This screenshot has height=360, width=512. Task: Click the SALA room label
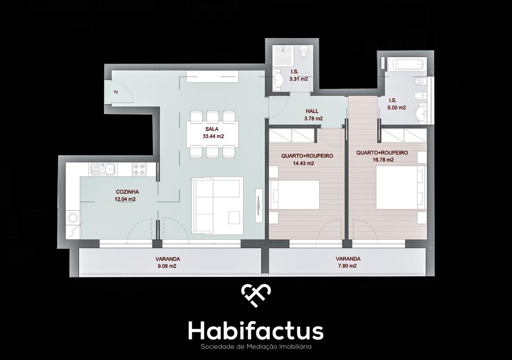(212, 129)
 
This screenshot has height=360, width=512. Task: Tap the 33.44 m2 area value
(213, 136)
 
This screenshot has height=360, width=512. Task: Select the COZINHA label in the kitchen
(127, 192)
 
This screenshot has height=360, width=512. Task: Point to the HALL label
(312, 111)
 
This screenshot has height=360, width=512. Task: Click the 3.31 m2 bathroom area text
(298, 79)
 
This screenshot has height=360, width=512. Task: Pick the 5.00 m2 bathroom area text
(396, 107)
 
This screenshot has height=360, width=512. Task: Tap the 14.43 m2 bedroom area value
(303, 163)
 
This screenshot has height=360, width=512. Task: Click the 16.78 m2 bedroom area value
(383, 160)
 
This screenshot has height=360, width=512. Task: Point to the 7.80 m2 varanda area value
(347, 266)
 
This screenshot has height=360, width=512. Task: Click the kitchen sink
(103, 169)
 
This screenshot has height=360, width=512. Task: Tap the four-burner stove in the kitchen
(139, 169)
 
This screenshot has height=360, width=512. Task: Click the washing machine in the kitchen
(74, 218)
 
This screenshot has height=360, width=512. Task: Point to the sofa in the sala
(217, 205)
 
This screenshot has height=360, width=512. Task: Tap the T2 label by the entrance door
(116, 92)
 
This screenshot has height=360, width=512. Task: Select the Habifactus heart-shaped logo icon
(256, 295)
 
